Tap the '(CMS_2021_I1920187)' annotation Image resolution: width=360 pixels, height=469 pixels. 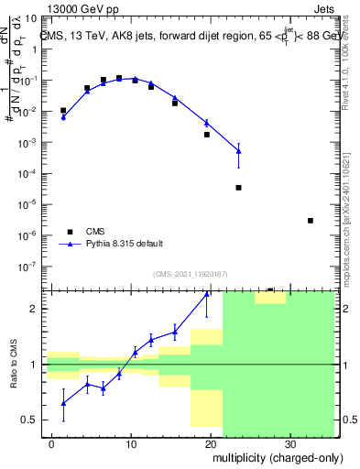(x=191, y=273)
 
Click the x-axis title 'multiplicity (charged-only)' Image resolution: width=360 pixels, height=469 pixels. (x=267, y=456)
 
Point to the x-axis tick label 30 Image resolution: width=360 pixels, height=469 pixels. (x=289, y=442)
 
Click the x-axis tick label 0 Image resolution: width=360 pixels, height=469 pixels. (x=52, y=442)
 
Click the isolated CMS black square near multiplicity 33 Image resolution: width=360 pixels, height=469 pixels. (x=311, y=221)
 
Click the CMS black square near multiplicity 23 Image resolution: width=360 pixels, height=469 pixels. (x=238, y=188)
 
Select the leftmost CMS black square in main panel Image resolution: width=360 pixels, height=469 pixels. (x=63, y=111)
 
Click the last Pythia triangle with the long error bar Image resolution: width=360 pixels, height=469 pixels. (x=238, y=150)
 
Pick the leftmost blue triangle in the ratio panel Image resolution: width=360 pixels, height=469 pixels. (x=63, y=403)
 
